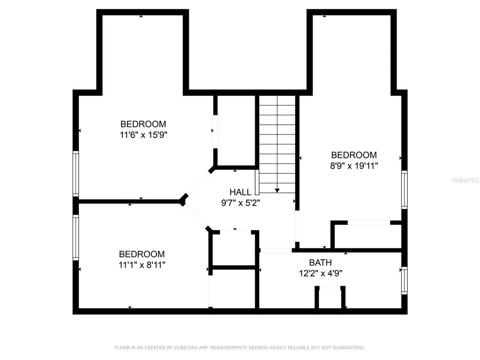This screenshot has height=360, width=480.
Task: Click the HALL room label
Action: point(240,192)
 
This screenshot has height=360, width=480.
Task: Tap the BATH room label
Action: point(320,262)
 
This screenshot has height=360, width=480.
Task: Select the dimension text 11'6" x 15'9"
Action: point(143,135)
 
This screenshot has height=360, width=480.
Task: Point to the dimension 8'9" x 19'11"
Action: point(354,166)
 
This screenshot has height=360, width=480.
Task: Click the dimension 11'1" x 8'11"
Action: point(142,265)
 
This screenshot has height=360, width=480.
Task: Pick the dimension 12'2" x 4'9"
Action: point(321,273)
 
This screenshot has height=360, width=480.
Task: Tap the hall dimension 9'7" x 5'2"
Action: point(240,202)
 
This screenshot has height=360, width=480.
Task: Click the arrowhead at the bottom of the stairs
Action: point(277,191)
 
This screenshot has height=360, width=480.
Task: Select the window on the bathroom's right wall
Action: point(405,280)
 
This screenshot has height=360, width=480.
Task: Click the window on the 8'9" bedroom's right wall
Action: point(405,190)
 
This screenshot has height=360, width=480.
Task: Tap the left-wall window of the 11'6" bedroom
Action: point(75,173)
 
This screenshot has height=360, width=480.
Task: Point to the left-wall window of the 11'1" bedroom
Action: point(75,237)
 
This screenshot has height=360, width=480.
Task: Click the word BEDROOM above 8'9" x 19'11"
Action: point(354,155)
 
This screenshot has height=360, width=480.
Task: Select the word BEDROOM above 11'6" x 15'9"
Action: point(143,124)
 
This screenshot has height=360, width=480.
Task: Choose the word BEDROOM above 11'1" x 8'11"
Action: point(142,254)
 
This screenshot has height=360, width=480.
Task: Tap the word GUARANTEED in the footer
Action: point(349,348)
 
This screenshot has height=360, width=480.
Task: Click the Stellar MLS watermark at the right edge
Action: point(465,180)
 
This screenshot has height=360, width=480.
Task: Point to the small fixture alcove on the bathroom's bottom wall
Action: point(330,297)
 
